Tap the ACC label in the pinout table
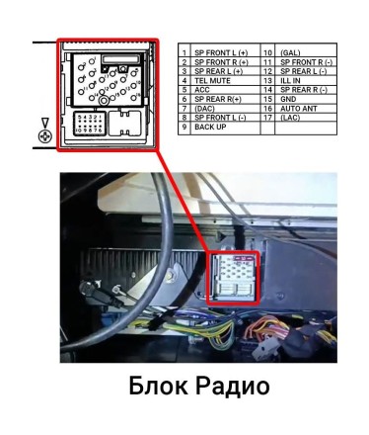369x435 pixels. click(202, 89)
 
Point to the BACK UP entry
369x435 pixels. click(210, 127)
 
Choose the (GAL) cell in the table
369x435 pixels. click(291, 51)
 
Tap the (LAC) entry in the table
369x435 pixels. click(291, 118)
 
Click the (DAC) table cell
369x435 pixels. click(205, 108)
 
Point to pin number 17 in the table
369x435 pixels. click(267, 118)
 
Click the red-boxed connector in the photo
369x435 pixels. click(235, 281)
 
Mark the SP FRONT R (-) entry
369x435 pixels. click(308, 61)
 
